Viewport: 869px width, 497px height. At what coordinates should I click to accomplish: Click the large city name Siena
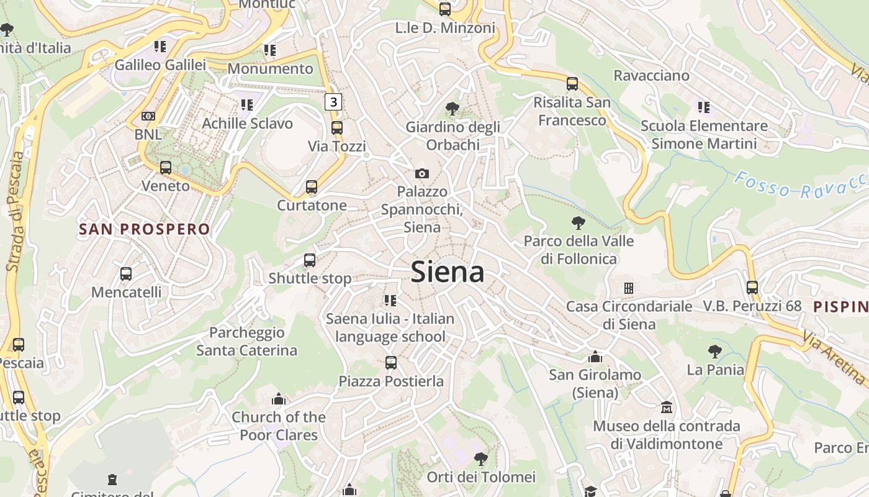click(448, 272)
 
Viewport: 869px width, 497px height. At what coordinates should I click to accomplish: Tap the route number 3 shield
click(334, 101)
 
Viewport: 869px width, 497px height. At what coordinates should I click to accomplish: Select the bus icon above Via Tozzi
click(336, 128)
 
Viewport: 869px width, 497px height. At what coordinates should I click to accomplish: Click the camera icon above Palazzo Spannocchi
click(422, 173)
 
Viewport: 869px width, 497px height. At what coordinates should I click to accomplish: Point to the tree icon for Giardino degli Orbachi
click(453, 109)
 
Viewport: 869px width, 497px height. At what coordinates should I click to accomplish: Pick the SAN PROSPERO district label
click(145, 229)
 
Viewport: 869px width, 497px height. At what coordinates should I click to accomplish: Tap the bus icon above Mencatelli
click(126, 273)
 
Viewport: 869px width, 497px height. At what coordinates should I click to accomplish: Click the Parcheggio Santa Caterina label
click(246, 342)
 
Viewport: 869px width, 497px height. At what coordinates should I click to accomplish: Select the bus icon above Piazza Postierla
click(390, 363)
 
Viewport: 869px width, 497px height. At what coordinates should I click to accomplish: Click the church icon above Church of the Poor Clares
click(279, 399)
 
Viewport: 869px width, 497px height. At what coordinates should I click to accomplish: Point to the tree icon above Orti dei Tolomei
click(480, 459)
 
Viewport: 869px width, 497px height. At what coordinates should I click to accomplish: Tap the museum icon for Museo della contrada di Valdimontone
click(667, 408)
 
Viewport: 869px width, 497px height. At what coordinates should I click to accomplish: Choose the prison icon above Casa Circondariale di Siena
click(629, 288)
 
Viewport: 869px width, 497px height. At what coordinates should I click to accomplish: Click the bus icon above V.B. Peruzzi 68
click(752, 288)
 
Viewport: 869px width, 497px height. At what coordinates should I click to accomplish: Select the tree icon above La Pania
click(715, 352)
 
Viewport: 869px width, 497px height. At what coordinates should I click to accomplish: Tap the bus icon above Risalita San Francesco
click(572, 83)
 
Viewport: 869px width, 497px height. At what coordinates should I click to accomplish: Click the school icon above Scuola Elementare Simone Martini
click(704, 107)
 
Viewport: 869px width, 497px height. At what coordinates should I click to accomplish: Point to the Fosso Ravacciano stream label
click(801, 185)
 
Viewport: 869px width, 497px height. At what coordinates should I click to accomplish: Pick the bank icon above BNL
click(148, 116)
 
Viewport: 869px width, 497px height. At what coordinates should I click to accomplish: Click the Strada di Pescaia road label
click(16, 211)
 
